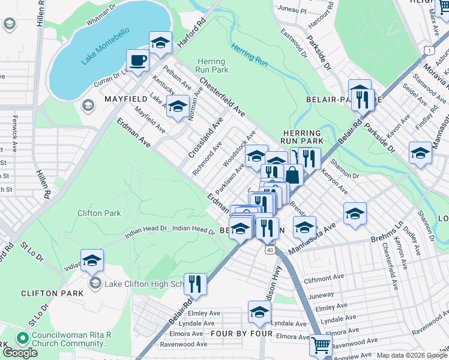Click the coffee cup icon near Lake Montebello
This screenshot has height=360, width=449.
tap(137, 61)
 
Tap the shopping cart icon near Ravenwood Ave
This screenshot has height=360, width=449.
tap(321, 346)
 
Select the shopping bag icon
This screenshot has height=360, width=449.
tap(293, 175)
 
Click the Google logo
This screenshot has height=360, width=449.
tap(20, 352)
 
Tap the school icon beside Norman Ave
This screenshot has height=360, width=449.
tap(176, 107)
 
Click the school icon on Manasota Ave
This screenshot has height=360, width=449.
tap(304, 227)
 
